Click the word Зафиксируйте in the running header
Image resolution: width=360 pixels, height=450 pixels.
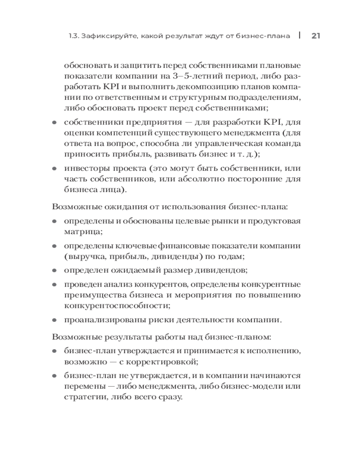[x=104, y=36]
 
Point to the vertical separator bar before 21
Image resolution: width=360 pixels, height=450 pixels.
[x=299, y=36]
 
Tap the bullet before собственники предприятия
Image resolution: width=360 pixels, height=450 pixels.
[x=54, y=122]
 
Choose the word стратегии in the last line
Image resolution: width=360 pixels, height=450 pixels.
[x=82, y=398]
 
